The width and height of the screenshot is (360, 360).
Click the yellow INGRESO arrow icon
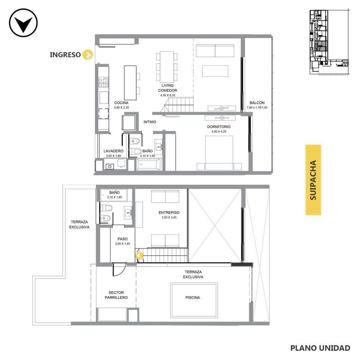coord(88,55)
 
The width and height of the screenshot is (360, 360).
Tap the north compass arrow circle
coord(23,23)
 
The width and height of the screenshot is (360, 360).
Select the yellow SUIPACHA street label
coord(313,180)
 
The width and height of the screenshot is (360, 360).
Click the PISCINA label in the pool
coord(193,297)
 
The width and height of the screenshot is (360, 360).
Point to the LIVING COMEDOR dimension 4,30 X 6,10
coord(168,95)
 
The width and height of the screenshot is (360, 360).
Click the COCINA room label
coord(121,103)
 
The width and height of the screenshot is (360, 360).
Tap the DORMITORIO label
coord(219,127)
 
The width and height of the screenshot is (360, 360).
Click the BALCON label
coord(257,103)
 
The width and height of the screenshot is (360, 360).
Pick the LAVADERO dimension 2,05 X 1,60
coord(114,156)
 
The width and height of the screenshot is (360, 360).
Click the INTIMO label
coord(150,122)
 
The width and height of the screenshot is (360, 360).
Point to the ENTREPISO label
coord(169,213)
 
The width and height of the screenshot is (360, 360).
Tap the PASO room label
coord(122,239)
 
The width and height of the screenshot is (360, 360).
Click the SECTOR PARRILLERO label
coord(116,295)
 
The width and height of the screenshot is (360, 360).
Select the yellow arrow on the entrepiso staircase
coord(139,256)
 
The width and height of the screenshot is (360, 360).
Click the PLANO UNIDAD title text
coord(320,348)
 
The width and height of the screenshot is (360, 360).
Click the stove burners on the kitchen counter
coord(103,83)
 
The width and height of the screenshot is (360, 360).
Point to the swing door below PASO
coord(119,269)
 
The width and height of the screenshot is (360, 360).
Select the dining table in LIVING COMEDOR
coord(167,67)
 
